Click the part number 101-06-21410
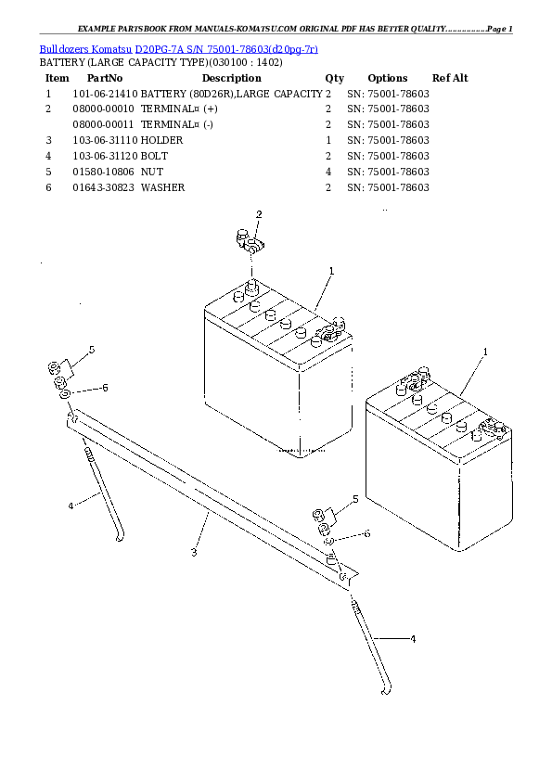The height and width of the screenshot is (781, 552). [105, 94]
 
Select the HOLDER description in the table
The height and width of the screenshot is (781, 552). [161, 140]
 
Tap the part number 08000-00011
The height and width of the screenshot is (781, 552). [103, 124]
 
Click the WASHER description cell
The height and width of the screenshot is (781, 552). [162, 187]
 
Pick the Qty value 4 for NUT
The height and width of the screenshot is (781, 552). [327, 172]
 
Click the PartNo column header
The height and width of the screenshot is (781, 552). [105, 78]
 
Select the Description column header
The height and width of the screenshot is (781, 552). [232, 78]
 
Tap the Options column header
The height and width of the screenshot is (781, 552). [388, 78]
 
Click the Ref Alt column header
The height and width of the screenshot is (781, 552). [450, 78]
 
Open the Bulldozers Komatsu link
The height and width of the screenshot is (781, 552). [85, 49]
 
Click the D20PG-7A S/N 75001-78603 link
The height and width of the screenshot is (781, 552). [226, 49]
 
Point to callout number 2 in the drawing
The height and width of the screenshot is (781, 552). [259, 214]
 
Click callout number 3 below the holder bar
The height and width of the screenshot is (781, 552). [194, 552]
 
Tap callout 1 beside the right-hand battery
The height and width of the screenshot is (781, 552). [485, 352]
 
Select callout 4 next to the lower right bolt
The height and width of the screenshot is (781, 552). [413, 638]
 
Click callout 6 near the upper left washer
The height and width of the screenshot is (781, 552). [105, 388]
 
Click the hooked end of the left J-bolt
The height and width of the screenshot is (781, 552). [120, 537]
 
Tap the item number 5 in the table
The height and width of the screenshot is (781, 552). [48, 172]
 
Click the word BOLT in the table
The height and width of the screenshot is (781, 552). [154, 156]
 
